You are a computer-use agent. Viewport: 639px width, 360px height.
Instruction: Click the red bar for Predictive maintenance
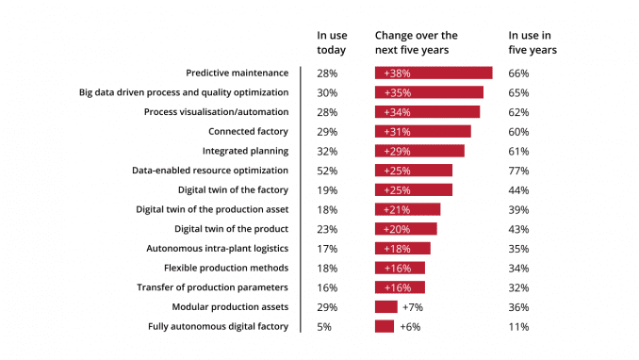[x=433, y=73]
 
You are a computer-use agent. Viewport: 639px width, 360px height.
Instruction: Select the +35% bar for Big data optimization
[x=428, y=92]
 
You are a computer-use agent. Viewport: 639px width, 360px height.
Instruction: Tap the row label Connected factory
[x=248, y=131]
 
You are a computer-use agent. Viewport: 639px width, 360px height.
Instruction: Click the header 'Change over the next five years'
[x=416, y=41]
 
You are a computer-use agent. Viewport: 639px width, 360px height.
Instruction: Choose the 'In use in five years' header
[x=532, y=41]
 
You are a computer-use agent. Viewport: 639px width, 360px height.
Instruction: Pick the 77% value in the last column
[x=518, y=171]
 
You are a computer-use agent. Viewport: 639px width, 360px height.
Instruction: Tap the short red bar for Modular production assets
[x=385, y=307]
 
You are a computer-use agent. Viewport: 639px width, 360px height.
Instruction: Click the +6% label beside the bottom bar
[x=410, y=326]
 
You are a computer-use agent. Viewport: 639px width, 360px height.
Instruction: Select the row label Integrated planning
[x=245, y=151]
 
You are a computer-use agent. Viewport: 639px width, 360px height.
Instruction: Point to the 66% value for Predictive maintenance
[x=518, y=73]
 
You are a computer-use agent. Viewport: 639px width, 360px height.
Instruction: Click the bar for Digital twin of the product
[x=405, y=229]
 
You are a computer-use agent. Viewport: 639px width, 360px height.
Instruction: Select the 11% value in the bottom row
[x=518, y=326]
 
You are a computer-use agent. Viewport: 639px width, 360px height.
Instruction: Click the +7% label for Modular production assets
[x=412, y=307]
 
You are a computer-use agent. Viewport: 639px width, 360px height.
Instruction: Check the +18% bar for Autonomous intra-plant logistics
[x=401, y=249]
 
